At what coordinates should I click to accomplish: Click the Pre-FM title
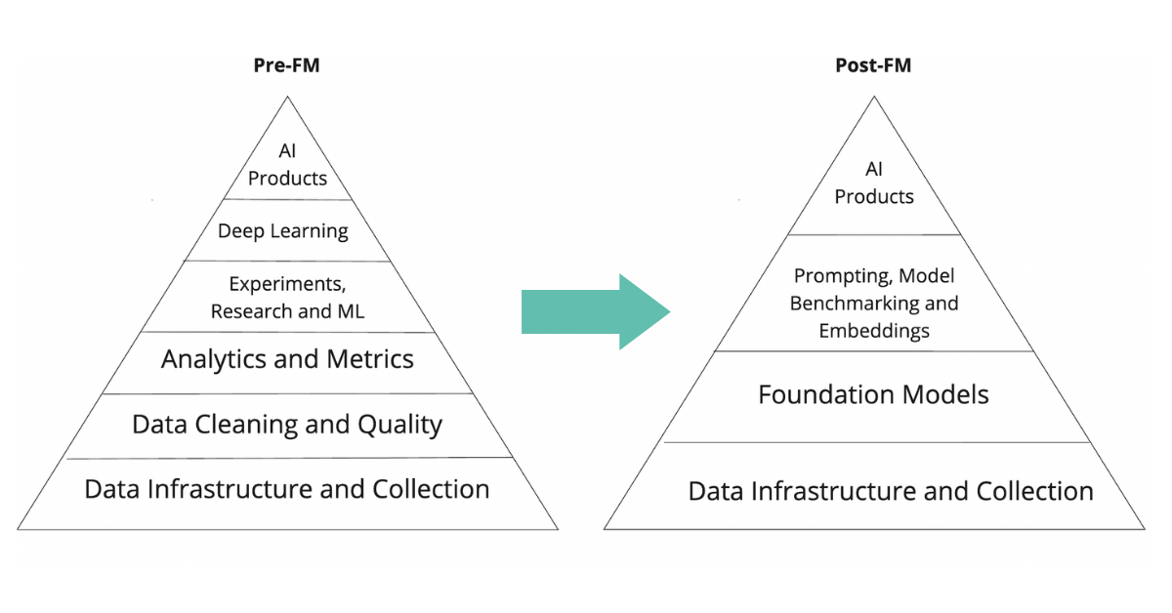pos(287,66)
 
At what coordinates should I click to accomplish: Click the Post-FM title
pos(873,66)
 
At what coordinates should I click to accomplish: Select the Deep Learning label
pos(283,231)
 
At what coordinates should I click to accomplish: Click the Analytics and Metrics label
pos(287,359)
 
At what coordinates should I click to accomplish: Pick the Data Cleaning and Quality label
pos(287,425)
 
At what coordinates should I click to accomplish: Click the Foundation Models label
pos(873,394)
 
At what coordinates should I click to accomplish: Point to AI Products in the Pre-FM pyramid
pos(287,166)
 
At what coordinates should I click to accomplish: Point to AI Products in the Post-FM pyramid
pos(874,183)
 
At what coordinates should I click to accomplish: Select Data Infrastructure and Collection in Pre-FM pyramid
pos(287,489)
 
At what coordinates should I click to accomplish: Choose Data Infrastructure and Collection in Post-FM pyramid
pos(891,491)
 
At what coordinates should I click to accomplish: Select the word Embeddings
pos(874,331)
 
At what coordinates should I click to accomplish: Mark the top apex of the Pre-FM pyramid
pos(287,97)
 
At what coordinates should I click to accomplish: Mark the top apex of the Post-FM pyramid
pos(873,97)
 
